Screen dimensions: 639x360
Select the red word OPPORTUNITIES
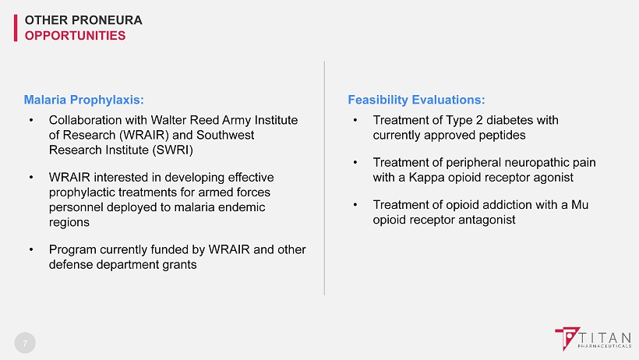click(x=75, y=36)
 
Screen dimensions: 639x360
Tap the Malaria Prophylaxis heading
click(x=83, y=100)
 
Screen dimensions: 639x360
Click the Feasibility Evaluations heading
click(x=416, y=100)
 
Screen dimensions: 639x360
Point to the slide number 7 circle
click(x=25, y=343)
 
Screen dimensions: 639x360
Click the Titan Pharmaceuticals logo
click(x=593, y=339)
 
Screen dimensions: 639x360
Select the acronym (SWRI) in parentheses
click(x=172, y=150)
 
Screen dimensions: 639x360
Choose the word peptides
click(x=502, y=136)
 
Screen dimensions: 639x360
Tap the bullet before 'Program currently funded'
click(x=31, y=249)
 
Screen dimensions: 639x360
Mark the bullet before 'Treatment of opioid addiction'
click(x=355, y=204)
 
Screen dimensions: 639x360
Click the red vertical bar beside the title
click(x=16, y=28)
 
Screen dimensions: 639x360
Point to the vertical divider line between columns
click(x=324, y=178)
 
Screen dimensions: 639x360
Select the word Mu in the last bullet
click(x=580, y=205)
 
